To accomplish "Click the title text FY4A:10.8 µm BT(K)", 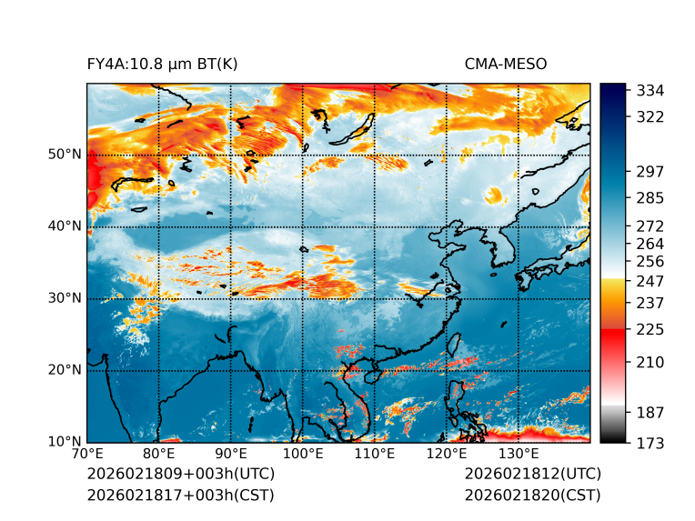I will pos(162,64).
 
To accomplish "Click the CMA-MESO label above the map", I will pos(506,64).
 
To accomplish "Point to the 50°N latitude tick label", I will pos(65,155).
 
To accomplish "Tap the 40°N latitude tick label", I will pos(65,226).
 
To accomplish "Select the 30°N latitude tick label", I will pos(65,298).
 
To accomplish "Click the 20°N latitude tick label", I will pos(65,370).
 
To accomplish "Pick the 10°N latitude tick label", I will pos(65,442).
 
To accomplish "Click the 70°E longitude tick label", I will pos(87,455).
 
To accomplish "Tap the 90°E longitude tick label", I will pos(231,455).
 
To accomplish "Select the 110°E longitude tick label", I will pos(375,455).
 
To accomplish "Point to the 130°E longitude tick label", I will pos(519,455).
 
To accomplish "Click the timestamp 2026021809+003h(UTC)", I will pos(180,475).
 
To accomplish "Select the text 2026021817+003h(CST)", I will pos(180,495).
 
